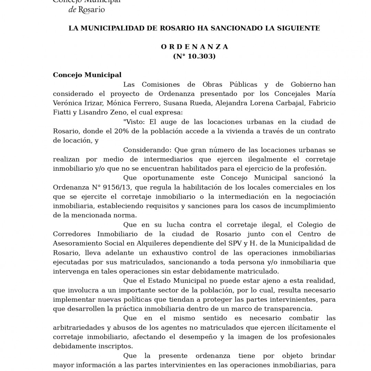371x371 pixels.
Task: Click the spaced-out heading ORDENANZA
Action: click(194, 47)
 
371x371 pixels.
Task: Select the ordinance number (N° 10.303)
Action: click(194, 56)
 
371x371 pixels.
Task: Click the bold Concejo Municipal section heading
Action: click(87, 75)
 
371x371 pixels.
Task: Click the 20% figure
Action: click(116, 131)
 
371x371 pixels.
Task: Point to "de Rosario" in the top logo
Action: click(87, 10)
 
